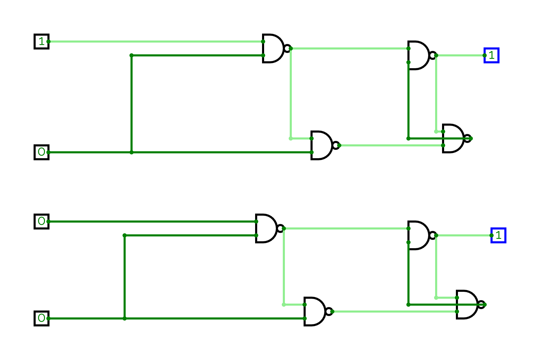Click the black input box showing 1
[x=42, y=42]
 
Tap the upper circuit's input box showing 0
[x=42, y=152]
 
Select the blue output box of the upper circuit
[x=492, y=55]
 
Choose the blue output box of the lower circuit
[x=498, y=235]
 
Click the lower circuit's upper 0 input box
[x=42, y=222]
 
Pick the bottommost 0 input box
[x=42, y=318]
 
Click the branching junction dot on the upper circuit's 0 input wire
[x=132, y=152]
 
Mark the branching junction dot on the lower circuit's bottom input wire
[x=125, y=318]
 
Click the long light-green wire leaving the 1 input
[x=156, y=42]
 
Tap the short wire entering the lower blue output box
[x=464, y=235]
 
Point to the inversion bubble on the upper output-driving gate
[x=433, y=55]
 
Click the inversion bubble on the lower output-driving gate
[x=433, y=235]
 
